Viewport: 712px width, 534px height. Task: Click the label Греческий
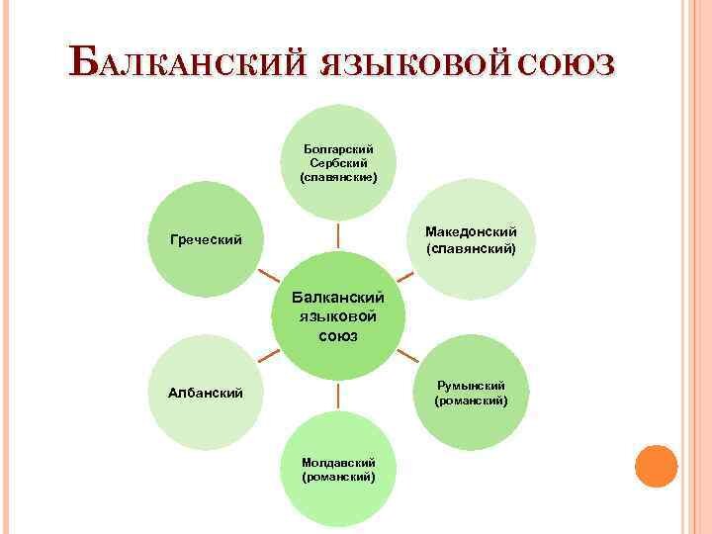point(206,239)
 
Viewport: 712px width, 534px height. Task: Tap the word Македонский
point(471,231)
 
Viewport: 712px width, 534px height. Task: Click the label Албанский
point(207,393)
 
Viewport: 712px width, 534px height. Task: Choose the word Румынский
point(471,385)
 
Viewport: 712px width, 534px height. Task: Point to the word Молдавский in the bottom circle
point(338,462)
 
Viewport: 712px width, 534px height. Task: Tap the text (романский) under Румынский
point(471,400)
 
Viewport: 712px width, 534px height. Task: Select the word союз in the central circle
point(338,336)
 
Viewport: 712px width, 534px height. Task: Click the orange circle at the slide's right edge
point(656,466)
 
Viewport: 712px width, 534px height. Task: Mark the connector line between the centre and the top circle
point(338,235)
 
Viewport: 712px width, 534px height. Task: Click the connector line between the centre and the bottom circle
point(338,396)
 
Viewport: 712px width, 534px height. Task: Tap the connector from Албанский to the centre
point(266,357)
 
